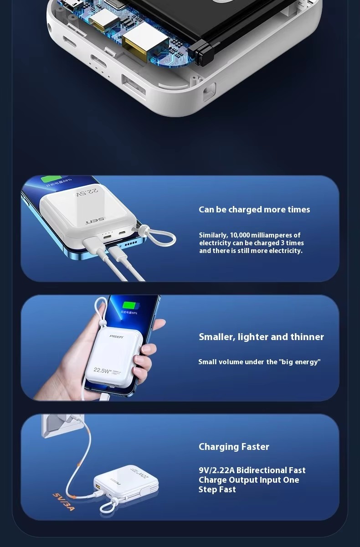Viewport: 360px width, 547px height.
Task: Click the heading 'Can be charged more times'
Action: click(254, 210)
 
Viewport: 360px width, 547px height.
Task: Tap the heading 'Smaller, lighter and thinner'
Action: click(261, 337)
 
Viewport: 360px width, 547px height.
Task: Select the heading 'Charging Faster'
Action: click(234, 447)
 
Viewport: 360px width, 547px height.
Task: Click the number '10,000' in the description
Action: click(238, 235)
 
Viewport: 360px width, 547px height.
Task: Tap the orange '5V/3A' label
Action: click(63, 501)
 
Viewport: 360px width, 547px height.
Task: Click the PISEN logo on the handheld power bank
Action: click(116, 336)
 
